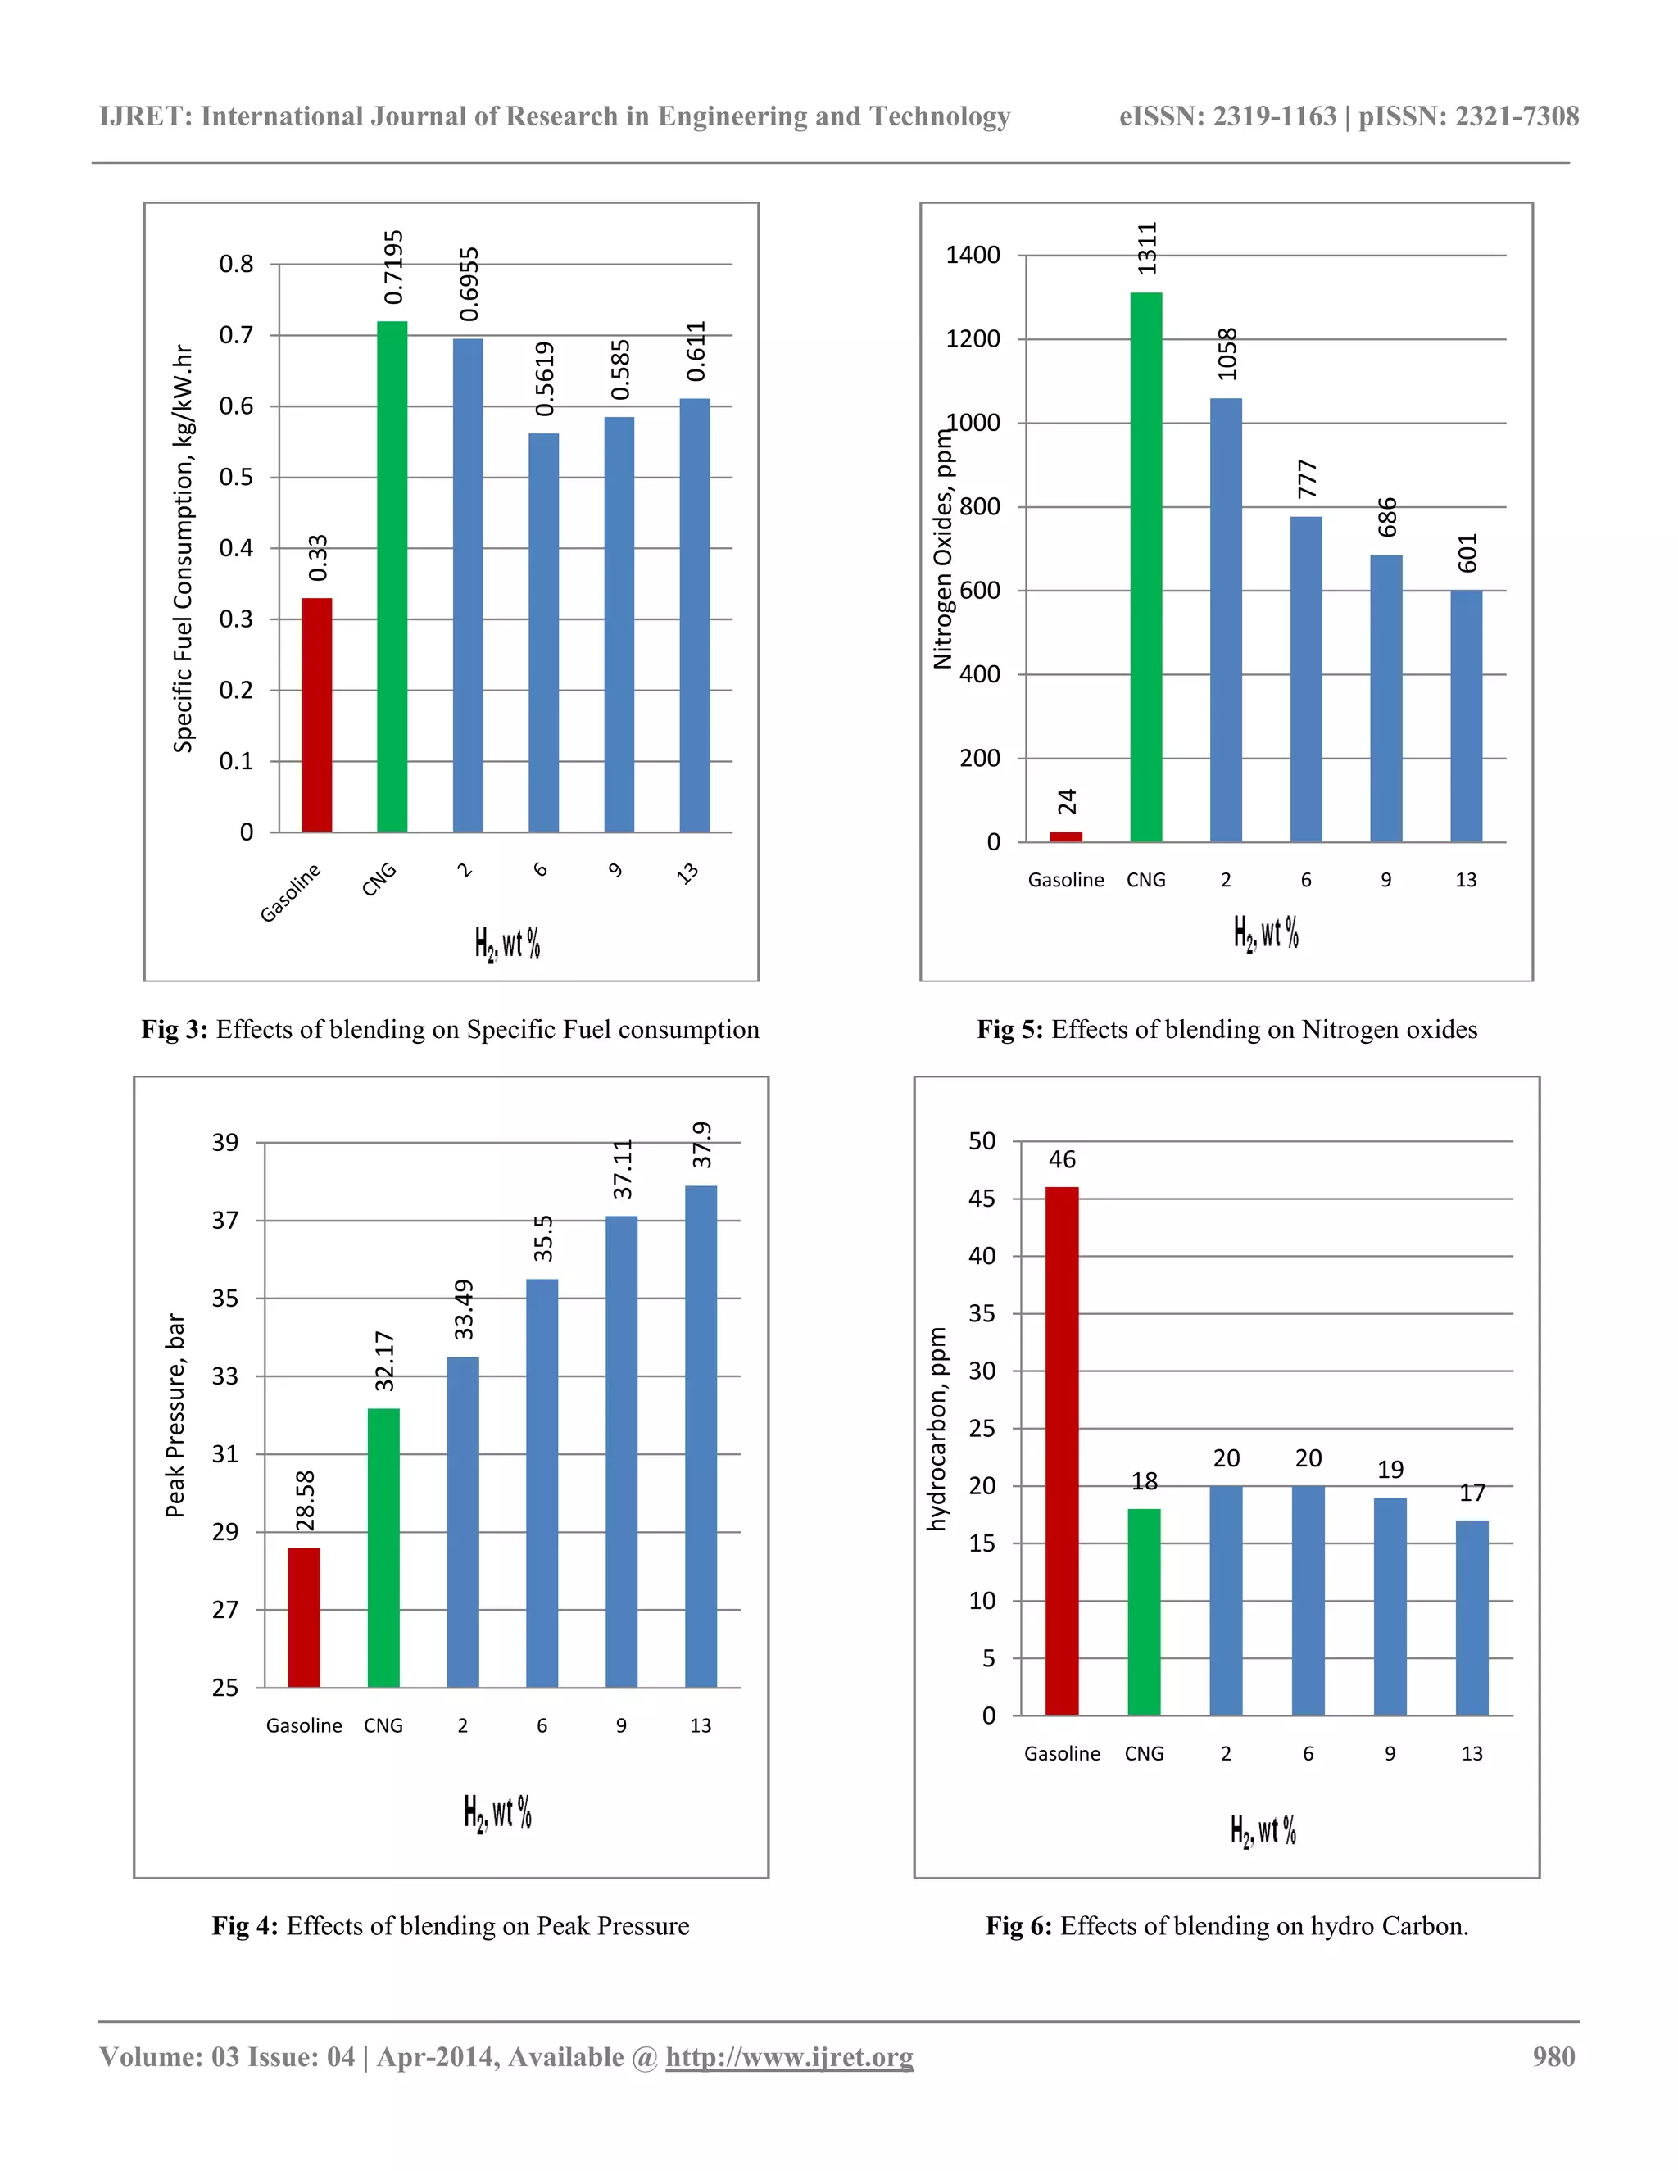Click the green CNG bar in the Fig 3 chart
(392, 577)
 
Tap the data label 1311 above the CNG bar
(1147, 248)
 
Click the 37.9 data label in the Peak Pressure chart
(703, 1145)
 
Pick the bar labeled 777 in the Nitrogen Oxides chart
(1305, 679)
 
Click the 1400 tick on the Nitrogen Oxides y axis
(973, 256)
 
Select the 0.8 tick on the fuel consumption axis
(237, 265)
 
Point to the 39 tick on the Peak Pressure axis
(225, 1142)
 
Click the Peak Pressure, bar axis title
(175, 1416)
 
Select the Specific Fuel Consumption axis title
(183, 549)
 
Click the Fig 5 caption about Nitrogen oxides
(1227, 1030)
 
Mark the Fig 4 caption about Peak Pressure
(451, 1925)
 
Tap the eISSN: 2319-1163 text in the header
(1227, 116)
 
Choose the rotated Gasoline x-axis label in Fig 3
(291, 893)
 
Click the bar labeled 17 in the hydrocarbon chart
(1472, 1617)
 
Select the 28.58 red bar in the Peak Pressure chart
(304, 1617)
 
